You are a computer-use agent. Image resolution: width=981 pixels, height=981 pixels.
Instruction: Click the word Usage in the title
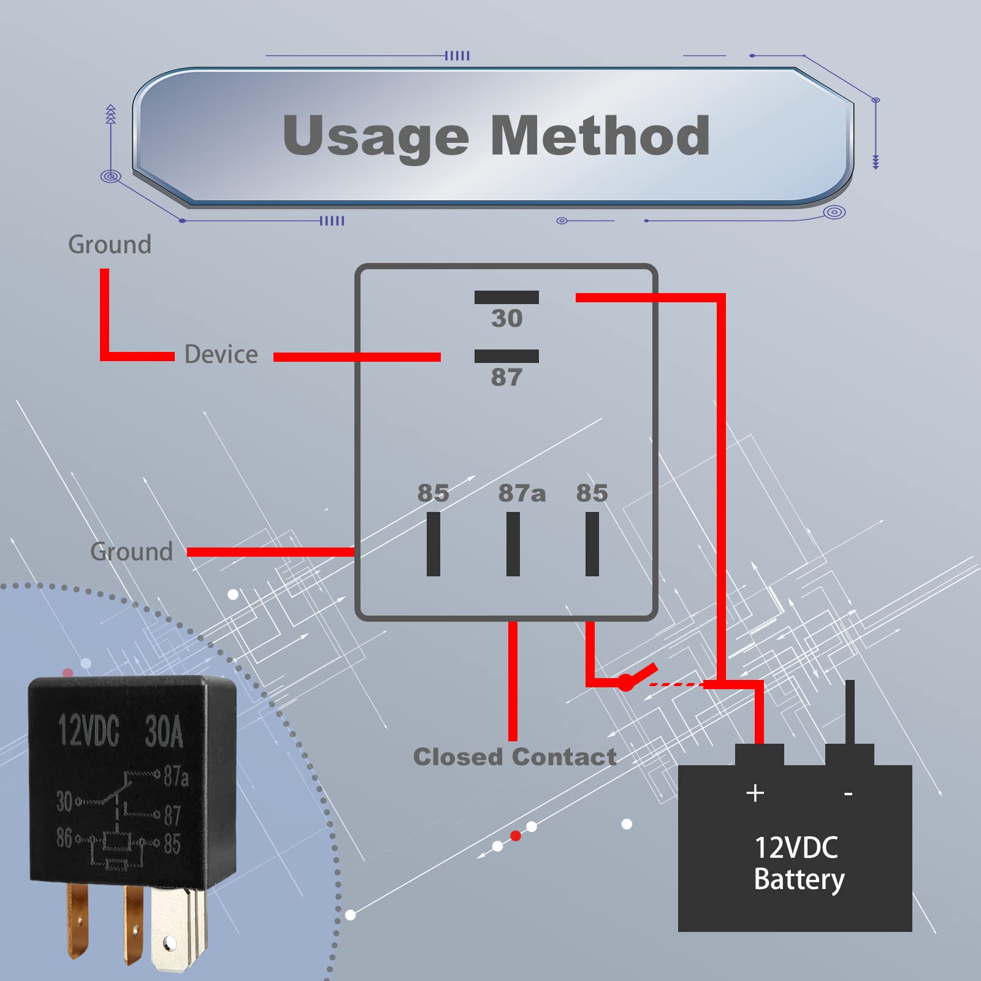point(375,136)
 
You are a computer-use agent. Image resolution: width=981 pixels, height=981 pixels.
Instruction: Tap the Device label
point(221,355)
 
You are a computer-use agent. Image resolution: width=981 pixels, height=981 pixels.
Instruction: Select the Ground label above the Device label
point(110,245)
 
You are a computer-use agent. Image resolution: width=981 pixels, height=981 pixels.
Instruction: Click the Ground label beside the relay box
point(131,552)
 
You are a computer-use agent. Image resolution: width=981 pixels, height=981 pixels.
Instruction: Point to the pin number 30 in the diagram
point(506,318)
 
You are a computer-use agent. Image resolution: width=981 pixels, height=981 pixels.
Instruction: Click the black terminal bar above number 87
point(506,356)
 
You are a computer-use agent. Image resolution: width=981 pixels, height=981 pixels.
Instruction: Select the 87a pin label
point(521,493)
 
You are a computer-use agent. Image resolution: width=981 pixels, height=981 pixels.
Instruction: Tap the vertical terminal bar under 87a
point(513,544)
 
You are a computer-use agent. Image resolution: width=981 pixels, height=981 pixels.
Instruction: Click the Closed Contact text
point(515,757)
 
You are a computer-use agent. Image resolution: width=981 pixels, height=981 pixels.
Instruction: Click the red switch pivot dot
point(625,682)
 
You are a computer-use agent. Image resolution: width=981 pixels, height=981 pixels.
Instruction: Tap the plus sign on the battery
point(755,793)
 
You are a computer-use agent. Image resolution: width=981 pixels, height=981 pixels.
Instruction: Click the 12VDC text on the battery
point(796,848)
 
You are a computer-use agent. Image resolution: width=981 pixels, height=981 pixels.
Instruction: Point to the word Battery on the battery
point(799,879)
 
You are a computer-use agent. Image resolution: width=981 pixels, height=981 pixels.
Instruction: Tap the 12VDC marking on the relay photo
point(89,731)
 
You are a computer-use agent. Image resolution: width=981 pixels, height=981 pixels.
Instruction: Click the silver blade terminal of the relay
point(175,929)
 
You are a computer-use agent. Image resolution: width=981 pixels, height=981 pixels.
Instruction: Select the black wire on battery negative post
point(850,711)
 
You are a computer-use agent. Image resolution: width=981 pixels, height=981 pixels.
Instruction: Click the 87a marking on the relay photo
point(176,777)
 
